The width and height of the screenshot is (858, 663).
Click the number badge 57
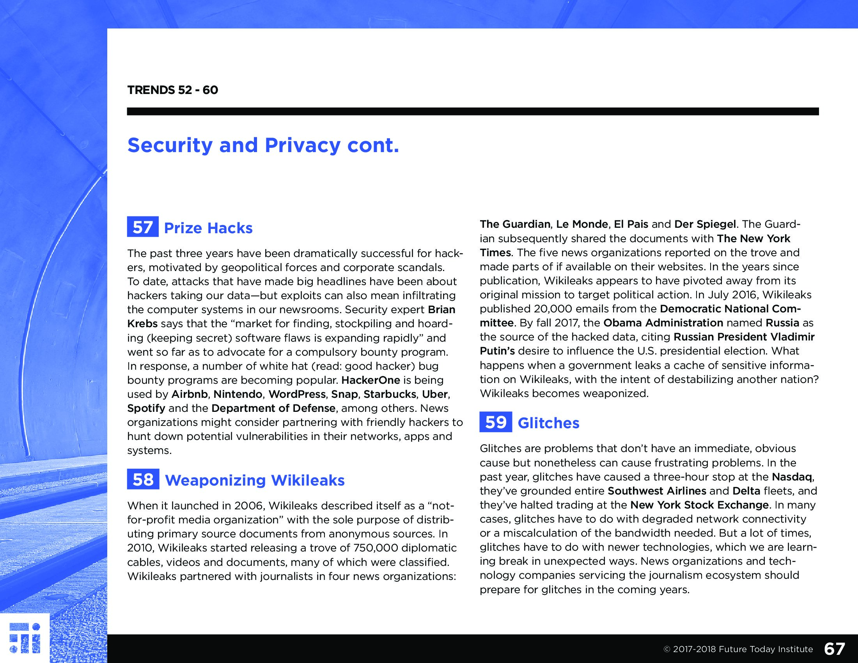[x=143, y=227]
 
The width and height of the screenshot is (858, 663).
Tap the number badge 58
[x=143, y=479]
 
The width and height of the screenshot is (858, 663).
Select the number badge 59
[x=495, y=422]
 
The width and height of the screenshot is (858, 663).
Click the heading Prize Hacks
[x=208, y=228]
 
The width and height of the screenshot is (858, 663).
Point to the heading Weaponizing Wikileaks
[x=255, y=480]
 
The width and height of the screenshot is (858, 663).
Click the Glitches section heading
[x=548, y=423]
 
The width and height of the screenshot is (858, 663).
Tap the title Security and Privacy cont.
[x=263, y=145]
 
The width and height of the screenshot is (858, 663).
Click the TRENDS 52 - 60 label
[x=172, y=90]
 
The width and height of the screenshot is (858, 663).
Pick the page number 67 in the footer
[x=834, y=649]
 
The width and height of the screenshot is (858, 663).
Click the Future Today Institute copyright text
[x=738, y=649]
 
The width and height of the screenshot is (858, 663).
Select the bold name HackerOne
[x=370, y=380]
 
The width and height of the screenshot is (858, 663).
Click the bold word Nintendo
[x=238, y=394]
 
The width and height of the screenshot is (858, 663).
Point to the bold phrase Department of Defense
[x=273, y=408]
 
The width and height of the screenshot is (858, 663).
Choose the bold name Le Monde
[x=582, y=224]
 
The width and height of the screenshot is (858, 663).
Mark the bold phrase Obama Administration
[x=663, y=323]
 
